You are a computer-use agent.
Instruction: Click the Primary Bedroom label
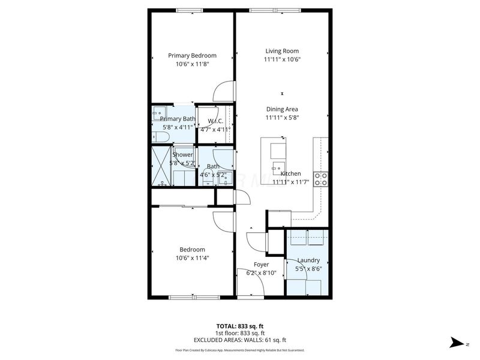pos(192,55)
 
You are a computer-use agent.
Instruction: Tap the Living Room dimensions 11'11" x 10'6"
pos(281,59)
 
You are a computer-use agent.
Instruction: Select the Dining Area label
pos(282,109)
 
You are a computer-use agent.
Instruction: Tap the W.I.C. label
pos(215,121)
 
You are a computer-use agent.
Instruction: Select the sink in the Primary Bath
pos(160,112)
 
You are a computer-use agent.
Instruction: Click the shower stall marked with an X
pos(161,165)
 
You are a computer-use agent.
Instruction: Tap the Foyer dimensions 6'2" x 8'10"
pos(261,273)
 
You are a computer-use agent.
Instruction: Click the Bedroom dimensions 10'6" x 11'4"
pos(192,258)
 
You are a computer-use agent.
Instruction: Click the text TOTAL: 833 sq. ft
pos(239,326)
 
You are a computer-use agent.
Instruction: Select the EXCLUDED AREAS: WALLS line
pos(239,340)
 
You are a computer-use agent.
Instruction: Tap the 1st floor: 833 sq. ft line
pos(239,333)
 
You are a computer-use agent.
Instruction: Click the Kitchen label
pos(290,173)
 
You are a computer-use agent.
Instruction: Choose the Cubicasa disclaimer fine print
pos(239,350)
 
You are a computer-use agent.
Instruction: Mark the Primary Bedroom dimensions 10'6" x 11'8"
pos(192,64)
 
